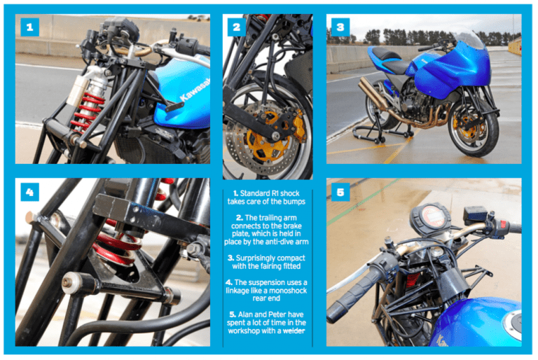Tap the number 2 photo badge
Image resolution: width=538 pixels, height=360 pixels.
(x=236, y=28)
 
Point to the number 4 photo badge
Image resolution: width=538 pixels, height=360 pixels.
(x=29, y=191)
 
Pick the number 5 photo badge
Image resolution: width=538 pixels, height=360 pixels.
(x=340, y=191)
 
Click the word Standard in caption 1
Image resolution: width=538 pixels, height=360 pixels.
(x=259, y=191)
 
